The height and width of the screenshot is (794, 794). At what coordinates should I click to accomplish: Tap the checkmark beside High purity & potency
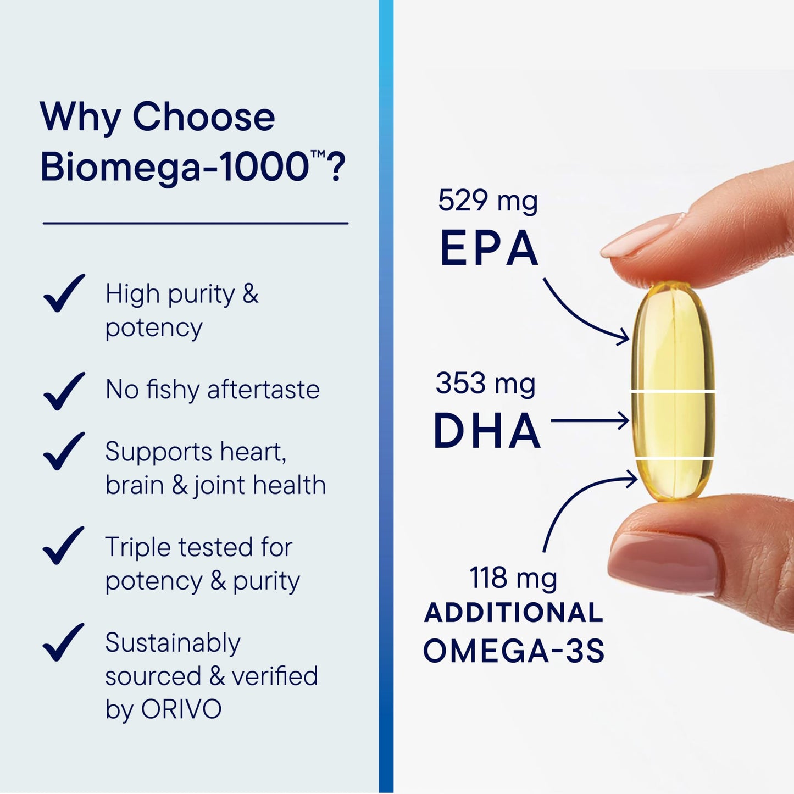coord(64,293)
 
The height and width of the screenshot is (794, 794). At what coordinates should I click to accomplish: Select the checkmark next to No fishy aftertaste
coord(64,391)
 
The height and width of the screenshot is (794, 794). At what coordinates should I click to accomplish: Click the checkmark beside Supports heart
coord(64,451)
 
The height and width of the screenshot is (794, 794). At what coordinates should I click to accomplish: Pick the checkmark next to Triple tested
coord(64,546)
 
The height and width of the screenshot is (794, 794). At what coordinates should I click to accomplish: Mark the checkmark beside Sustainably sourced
coord(64,642)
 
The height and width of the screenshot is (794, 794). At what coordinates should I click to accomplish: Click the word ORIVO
coord(181,709)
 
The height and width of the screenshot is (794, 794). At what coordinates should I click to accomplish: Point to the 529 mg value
coord(487,201)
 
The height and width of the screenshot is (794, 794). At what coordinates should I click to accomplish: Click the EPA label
coord(488,249)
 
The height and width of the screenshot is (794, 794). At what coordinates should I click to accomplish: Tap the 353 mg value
coord(485,384)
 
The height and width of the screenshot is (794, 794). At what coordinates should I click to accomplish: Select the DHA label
coord(487,431)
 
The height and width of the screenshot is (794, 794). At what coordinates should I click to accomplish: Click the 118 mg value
coord(513,578)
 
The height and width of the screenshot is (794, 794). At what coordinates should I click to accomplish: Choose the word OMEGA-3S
coord(514,651)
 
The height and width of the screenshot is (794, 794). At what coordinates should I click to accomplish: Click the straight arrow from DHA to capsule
coord(589,421)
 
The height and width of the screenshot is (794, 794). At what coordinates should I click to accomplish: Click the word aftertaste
coord(263,390)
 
